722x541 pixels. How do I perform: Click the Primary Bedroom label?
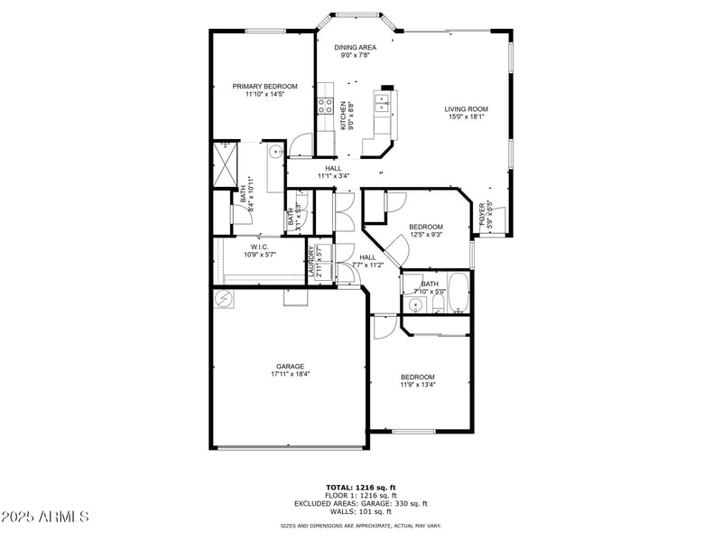pyautogui.click(x=264, y=87)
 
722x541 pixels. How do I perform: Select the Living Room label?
pyautogui.click(x=466, y=109)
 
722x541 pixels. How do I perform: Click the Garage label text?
pyautogui.click(x=290, y=366)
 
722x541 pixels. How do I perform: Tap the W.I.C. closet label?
pyautogui.click(x=259, y=247)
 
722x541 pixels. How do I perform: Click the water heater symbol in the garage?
pyautogui.click(x=223, y=299)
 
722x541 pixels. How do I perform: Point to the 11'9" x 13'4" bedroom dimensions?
pyautogui.click(x=418, y=385)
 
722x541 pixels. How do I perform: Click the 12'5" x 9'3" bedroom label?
pyautogui.click(x=425, y=227)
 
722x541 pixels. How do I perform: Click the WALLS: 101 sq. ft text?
pyautogui.click(x=360, y=511)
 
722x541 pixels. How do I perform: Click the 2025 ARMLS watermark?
pyautogui.click(x=45, y=517)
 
